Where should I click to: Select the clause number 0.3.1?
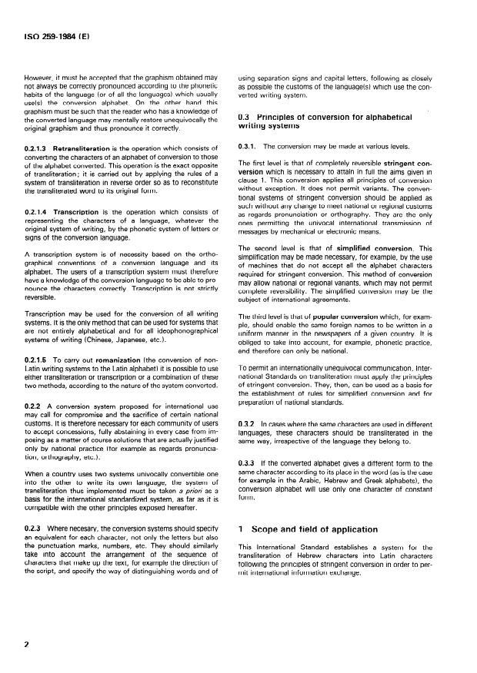pos(248,145)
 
